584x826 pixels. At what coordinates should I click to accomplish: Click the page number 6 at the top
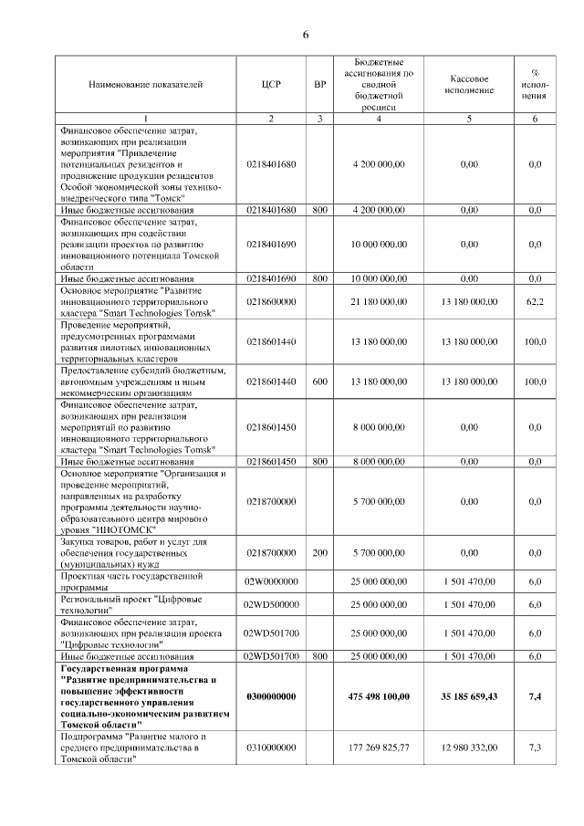tap(307, 35)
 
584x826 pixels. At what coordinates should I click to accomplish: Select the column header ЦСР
tap(271, 85)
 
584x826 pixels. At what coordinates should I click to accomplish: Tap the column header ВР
tap(319, 85)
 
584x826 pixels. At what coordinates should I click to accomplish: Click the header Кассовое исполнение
tap(470, 85)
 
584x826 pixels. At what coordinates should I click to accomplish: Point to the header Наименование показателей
tap(145, 85)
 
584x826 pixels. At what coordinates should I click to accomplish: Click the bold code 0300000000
tap(271, 696)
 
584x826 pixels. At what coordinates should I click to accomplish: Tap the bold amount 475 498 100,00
tap(378, 696)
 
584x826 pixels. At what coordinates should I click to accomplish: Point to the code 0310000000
tap(271, 748)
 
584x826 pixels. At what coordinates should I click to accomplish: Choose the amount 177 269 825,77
tap(378, 748)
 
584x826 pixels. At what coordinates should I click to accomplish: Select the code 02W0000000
tap(271, 581)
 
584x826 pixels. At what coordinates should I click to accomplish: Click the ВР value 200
tap(319, 553)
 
